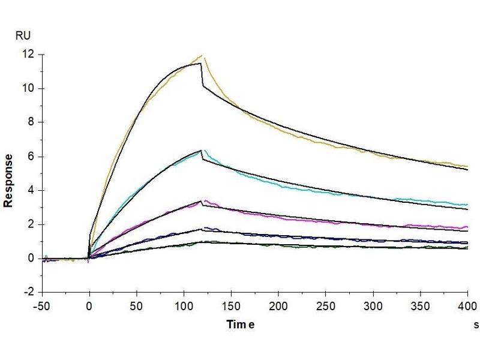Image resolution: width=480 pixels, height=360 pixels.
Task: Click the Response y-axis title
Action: (9, 181)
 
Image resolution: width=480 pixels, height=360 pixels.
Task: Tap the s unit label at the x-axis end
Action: (475, 325)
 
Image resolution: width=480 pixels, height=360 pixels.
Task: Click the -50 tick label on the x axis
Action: (42, 305)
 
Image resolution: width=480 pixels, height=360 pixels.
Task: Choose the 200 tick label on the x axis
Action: (278, 305)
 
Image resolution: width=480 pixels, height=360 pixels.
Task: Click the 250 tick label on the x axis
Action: (325, 305)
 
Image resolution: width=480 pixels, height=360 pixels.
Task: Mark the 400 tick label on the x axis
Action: (467, 305)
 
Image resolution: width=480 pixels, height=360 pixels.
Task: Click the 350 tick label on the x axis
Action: (419, 305)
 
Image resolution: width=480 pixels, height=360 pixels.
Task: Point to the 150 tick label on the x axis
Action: (231, 305)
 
